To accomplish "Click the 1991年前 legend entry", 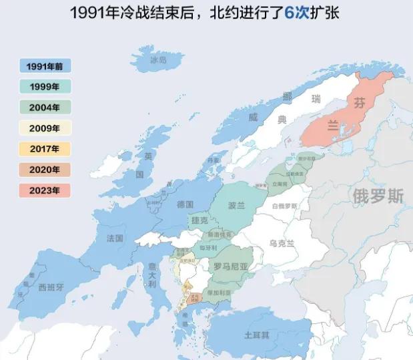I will point(45,65).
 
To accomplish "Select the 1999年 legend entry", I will point(45,86).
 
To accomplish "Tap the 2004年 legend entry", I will point(45,107).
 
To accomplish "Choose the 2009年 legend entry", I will point(45,128).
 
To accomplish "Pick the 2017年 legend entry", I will point(45,149).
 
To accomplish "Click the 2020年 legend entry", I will point(45,170).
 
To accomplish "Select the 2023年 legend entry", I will point(45,190).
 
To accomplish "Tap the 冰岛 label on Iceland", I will point(157,59).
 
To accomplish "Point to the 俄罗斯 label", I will point(378,197).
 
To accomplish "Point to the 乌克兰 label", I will point(282,243).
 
